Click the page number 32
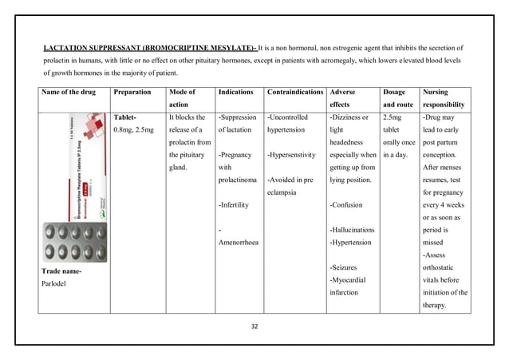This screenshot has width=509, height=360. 255,326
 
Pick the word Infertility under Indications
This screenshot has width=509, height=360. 236,204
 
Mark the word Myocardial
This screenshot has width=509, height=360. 352,279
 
